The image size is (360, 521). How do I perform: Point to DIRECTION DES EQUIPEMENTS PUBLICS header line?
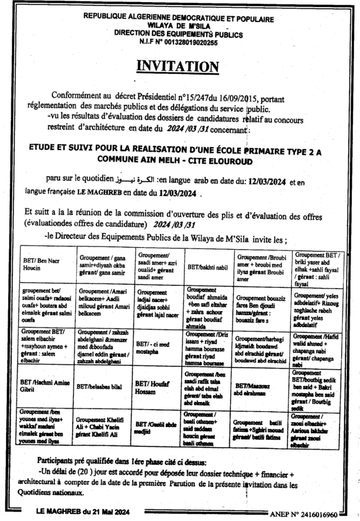(x=178, y=35)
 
